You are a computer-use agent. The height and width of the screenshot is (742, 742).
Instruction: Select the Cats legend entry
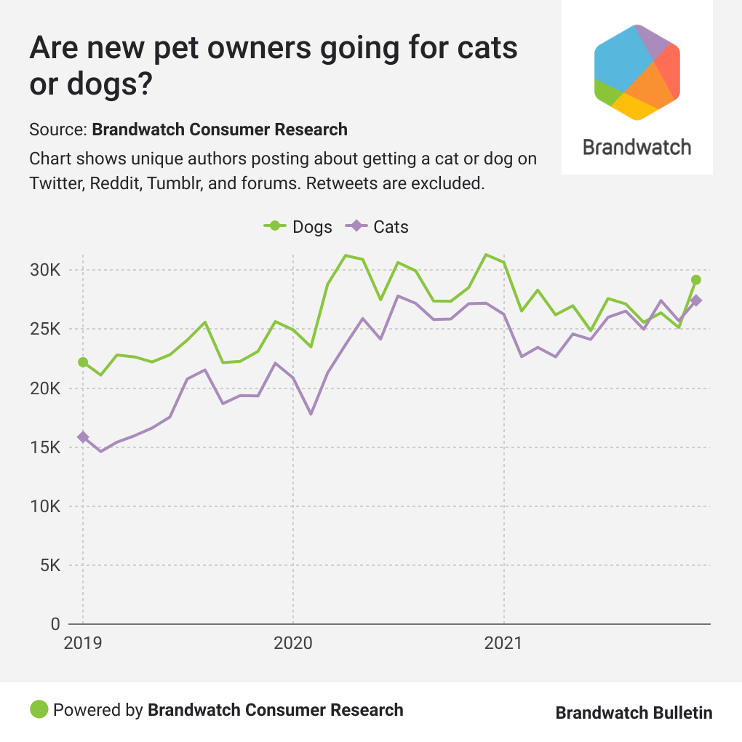click(x=380, y=226)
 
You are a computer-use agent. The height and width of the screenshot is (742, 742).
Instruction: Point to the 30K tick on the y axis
click(x=44, y=271)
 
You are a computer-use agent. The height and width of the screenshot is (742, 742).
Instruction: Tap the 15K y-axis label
click(x=44, y=447)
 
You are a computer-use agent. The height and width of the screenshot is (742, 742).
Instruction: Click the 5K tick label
click(x=49, y=565)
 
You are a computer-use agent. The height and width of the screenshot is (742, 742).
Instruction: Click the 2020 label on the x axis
click(x=292, y=643)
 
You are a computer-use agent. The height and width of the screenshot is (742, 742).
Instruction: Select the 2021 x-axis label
click(x=504, y=643)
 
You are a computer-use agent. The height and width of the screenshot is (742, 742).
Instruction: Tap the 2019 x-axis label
click(x=82, y=643)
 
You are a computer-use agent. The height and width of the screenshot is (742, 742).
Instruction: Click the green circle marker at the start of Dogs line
click(x=83, y=362)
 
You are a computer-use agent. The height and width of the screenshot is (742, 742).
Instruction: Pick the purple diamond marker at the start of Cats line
click(x=83, y=436)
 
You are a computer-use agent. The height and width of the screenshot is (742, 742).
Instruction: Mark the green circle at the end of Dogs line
click(x=696, y=279)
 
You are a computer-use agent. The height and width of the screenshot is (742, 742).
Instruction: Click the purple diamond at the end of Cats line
click(x=696, y=300)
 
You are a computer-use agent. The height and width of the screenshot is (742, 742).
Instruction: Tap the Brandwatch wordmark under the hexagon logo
click(x=637, y=147)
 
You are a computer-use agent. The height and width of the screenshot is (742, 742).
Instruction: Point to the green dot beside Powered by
click(x=39, y=709)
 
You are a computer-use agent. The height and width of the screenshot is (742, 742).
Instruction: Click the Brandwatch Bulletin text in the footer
click(x=634, y=712)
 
